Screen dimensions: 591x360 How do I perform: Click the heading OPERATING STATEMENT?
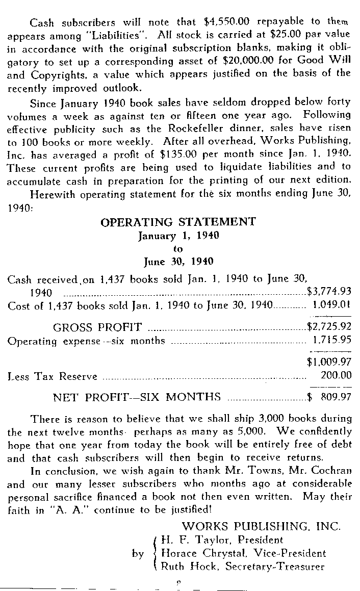point(178,222)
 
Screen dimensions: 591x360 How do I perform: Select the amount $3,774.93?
point(329,292)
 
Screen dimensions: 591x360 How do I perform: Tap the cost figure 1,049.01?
point(331,306)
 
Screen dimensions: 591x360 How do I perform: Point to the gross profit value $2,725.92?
point(329,327)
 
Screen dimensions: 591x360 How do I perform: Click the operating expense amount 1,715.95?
point(331,341)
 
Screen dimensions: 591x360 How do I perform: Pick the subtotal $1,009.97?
point(329,362)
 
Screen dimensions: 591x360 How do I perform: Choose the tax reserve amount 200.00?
point(336,376)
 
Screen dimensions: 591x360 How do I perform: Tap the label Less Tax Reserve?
point(53,376)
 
